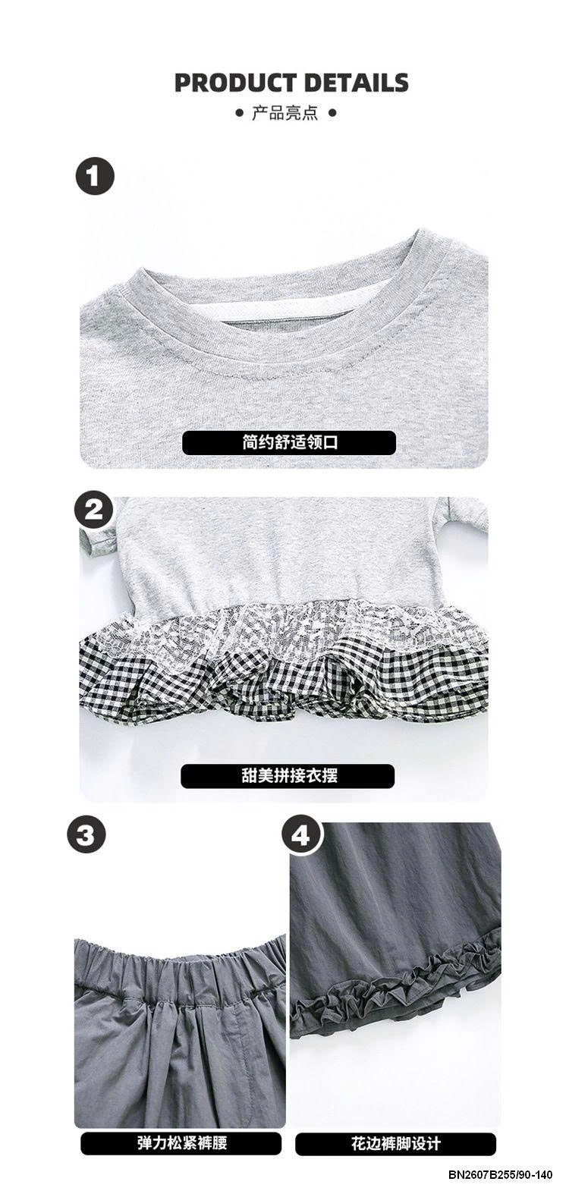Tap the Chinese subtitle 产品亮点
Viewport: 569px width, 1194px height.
[x=284, y=113]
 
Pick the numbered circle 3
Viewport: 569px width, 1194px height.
[x=87, y=835]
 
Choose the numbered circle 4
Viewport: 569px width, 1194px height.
[x=301, y=835]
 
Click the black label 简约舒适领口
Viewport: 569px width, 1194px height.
[x=290, y=442]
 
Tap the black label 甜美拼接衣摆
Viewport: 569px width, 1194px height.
[x=288, y=775]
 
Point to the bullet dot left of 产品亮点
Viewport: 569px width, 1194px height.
[x=237, y=113]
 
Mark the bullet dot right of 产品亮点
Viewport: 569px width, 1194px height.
[x=332, y=113]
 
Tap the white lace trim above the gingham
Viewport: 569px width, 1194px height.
[x=283, y=624]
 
